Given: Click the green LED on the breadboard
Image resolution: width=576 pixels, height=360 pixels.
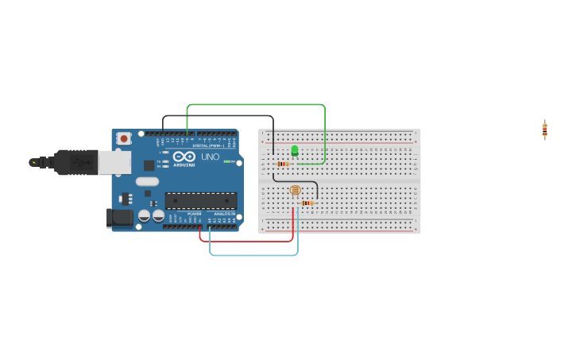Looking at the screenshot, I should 295,149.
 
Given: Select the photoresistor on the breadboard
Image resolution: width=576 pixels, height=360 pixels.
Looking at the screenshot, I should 295,190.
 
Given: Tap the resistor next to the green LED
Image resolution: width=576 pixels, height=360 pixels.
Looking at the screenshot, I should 283,164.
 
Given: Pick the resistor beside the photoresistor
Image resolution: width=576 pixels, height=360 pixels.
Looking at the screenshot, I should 307,203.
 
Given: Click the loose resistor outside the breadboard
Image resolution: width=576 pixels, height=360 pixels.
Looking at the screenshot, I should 545,130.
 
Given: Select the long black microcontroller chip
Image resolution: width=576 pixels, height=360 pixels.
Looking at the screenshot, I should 200,200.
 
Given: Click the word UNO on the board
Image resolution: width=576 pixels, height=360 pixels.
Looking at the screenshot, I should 210,157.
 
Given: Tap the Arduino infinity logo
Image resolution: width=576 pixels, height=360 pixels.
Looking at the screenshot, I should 184,156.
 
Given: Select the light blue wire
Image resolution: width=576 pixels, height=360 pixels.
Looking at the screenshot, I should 254,255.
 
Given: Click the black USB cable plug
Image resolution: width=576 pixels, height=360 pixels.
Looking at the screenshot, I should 75,161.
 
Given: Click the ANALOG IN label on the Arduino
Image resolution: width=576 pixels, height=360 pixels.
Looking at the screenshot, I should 222,214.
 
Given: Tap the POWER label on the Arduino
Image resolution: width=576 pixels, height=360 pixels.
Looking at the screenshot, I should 194,214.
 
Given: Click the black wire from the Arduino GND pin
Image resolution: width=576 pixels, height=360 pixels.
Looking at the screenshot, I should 218,116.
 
